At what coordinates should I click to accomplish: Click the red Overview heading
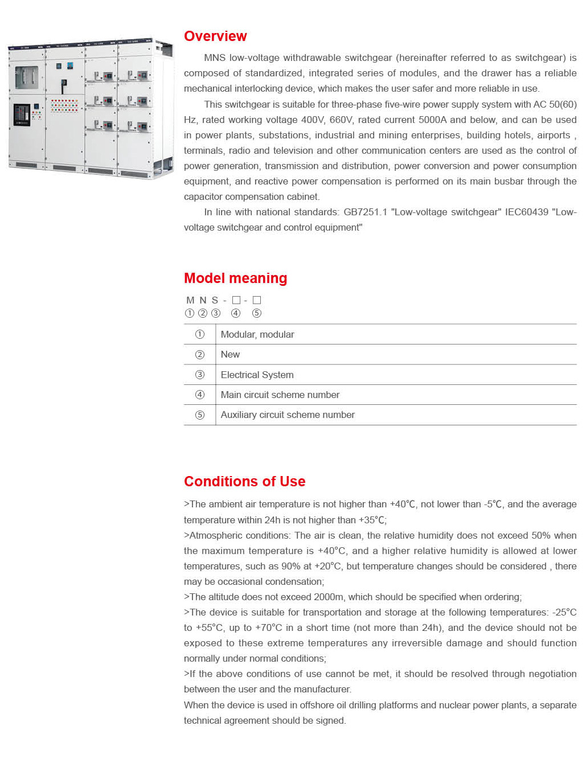215,36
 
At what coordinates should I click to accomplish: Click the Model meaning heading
235,278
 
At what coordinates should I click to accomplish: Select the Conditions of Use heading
244,482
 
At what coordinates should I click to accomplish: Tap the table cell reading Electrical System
257,375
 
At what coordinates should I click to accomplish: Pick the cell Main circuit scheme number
280,395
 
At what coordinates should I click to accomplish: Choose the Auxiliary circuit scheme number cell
288,415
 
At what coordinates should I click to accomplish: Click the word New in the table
230,354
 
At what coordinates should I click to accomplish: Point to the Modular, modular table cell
257,334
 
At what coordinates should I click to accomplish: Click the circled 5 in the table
200,415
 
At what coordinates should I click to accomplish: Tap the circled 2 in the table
200,355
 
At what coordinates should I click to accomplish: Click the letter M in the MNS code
190,300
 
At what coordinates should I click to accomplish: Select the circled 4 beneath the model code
236,313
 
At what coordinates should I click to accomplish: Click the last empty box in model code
257,300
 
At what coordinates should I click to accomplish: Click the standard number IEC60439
526,212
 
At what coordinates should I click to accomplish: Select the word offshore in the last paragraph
317,705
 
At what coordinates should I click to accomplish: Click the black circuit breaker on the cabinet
22,114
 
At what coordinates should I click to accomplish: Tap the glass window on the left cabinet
26,77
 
